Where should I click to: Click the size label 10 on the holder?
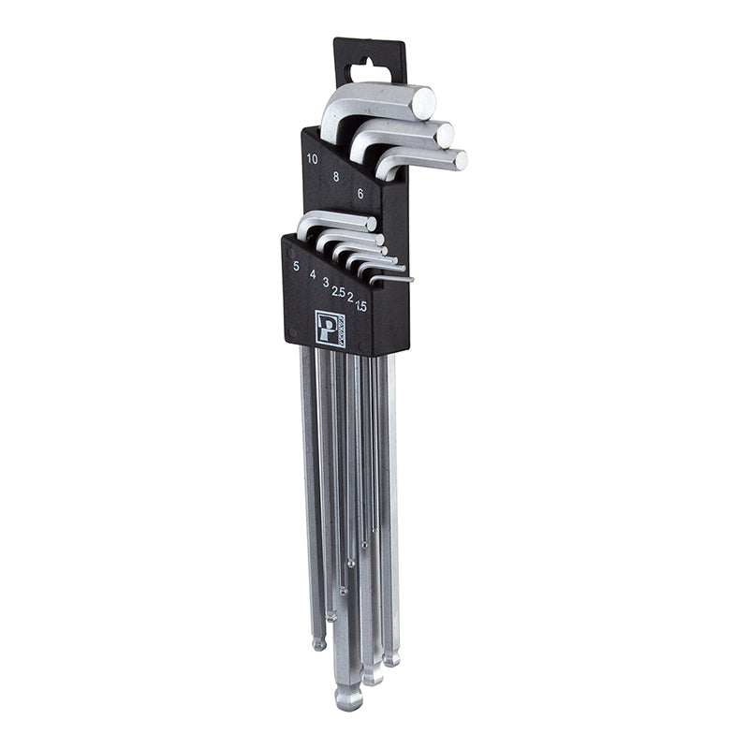click(x=312, y=158)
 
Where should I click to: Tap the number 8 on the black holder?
click(x=336, y=175)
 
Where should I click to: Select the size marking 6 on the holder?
click(x=360, y=193)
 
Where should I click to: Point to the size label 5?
click(x=296, y=266)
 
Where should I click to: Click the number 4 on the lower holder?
click(x=312, y=274)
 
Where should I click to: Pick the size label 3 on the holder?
click(x=325, y=282)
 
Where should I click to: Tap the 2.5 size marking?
click(x=338, y=291)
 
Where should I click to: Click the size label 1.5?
click(x=360, y=305)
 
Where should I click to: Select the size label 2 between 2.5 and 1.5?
click(x=350, y=298)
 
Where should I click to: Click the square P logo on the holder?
click(x=330, y=329)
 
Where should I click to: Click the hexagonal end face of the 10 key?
click(x=424, y=102)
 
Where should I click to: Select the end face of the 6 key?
click(x=460, y=160)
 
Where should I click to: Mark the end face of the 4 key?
click(x=381, y=240)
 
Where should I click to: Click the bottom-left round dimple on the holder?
click(x=292, y=332)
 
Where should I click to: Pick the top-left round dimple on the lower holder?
click(x=292, y=252)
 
